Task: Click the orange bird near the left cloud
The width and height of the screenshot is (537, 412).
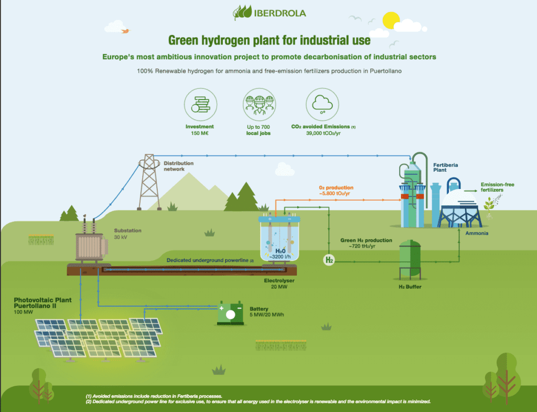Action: pyautogui.click(x=125, y=31)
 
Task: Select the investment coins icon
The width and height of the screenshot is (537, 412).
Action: pyautogui.click(x=199, y=103)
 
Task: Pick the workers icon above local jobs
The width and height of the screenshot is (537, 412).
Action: pyautogui.click(x=260, y=103)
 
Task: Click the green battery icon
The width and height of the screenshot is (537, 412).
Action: pyautogui.click(x=230, y=313)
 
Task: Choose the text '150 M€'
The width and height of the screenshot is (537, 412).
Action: pyautogui.click(x=199, y=134)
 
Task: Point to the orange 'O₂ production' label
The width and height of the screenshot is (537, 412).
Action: pyautogui.click(x=336, y=187)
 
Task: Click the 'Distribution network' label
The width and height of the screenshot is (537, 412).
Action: pyautogui.click(x=178, y=166)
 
